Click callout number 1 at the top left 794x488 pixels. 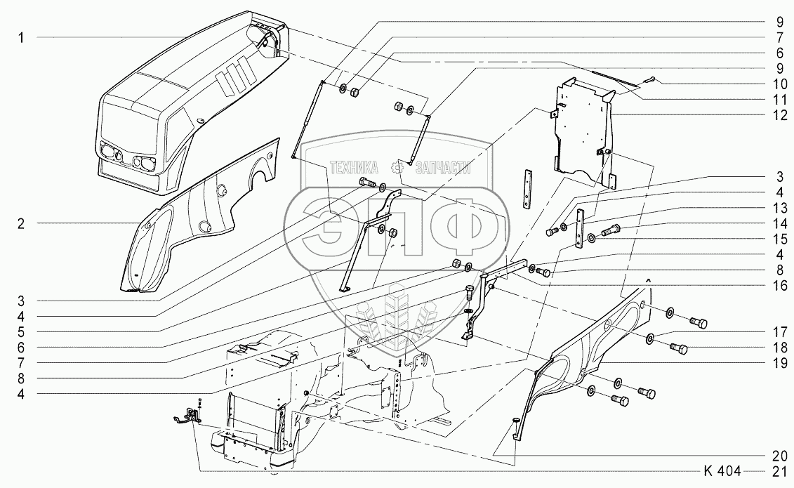[x=21, y=37]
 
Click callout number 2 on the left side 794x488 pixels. [x=21, y=224]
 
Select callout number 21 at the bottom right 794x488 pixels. [x=780, y=471]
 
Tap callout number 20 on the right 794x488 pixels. [x=780, y=456]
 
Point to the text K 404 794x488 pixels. [x=722, y=471]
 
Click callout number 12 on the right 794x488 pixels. [x=780, y=115]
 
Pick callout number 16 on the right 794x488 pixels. [x=780, y=286]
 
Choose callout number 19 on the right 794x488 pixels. [x=780, y=363]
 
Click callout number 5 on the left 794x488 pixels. [x=21, y=332]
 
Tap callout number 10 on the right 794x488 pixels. [x=780, y=84]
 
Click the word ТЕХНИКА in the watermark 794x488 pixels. [x=354, y=168]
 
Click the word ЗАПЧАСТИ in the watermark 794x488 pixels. [x=442, y=168]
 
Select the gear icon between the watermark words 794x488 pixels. [x=397, y=168]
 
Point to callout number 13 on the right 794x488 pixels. [x=780, y=208]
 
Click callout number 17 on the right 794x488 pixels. [x=780, y=332]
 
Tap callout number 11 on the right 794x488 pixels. [x=780, y=100]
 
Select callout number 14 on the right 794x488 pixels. [x=780, y=224]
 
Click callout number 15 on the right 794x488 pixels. [x=780, y=239]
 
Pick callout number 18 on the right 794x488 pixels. [x=780, y=348]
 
